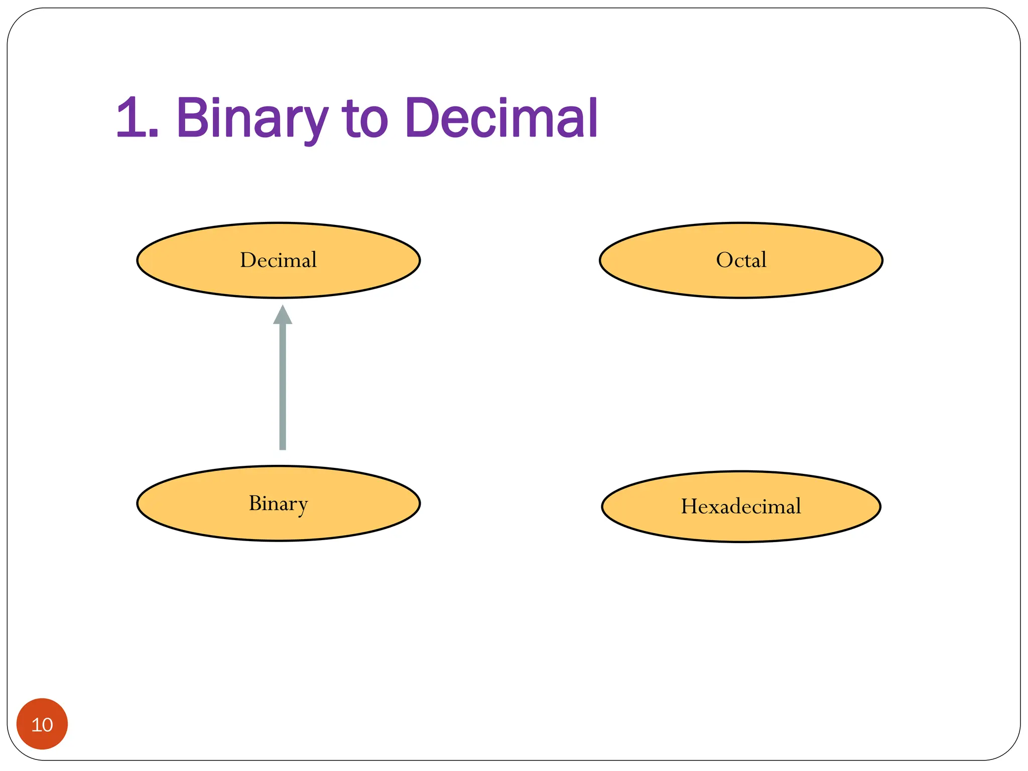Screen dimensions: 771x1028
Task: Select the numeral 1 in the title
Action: click(132, 118)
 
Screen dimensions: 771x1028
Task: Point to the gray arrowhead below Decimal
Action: click(283, 315)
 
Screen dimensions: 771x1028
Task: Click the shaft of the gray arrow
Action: click(283, 387)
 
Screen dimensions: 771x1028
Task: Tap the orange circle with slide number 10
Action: click(42, 724)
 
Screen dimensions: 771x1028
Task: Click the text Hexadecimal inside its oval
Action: click(741, 506)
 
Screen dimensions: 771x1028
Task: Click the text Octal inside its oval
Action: click(741, 260)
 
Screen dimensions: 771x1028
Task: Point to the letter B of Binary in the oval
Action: click(255, 503)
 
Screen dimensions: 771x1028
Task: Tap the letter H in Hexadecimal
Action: click(688, 506)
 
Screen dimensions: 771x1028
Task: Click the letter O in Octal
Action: click(723, 260)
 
